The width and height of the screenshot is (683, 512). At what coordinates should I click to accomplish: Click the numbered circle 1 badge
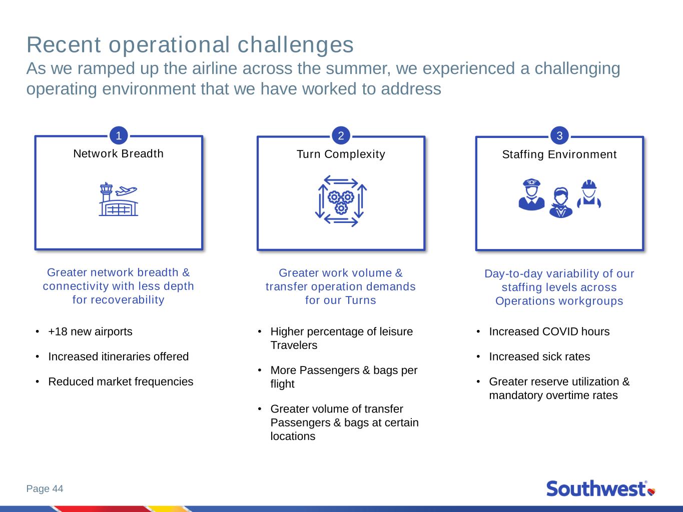point(119,135)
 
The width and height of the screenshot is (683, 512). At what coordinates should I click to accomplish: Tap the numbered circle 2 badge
point(341,135)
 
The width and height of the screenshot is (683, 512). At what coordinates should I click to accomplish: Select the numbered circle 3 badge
point(559,135)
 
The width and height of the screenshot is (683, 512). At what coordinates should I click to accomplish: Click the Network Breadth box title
point(118,153)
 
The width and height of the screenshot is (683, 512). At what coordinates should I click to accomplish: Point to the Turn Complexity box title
point(341,154)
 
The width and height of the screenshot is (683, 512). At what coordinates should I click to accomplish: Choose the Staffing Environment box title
point(559,154)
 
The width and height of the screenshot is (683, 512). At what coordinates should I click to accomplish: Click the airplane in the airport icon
point(126,190)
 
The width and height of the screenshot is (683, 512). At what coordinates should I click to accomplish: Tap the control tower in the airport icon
point(106,192)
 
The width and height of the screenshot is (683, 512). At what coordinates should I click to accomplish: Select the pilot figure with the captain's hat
point(531,194)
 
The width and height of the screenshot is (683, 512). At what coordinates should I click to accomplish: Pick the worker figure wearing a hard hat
point(589,193)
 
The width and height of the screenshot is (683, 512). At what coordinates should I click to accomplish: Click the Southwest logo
point(600,488)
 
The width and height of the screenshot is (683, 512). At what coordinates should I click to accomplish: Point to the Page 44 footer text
point(45,488)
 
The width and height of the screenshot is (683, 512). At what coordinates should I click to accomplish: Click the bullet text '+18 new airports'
point(90,331)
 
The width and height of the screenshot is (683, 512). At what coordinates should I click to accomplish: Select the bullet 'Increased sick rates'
point(539,356)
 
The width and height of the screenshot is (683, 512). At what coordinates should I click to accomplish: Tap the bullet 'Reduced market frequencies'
point(121,381)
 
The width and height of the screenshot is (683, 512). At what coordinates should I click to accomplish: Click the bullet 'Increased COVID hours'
point(549,331)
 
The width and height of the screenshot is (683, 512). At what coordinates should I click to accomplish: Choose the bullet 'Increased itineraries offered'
point(118,356)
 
